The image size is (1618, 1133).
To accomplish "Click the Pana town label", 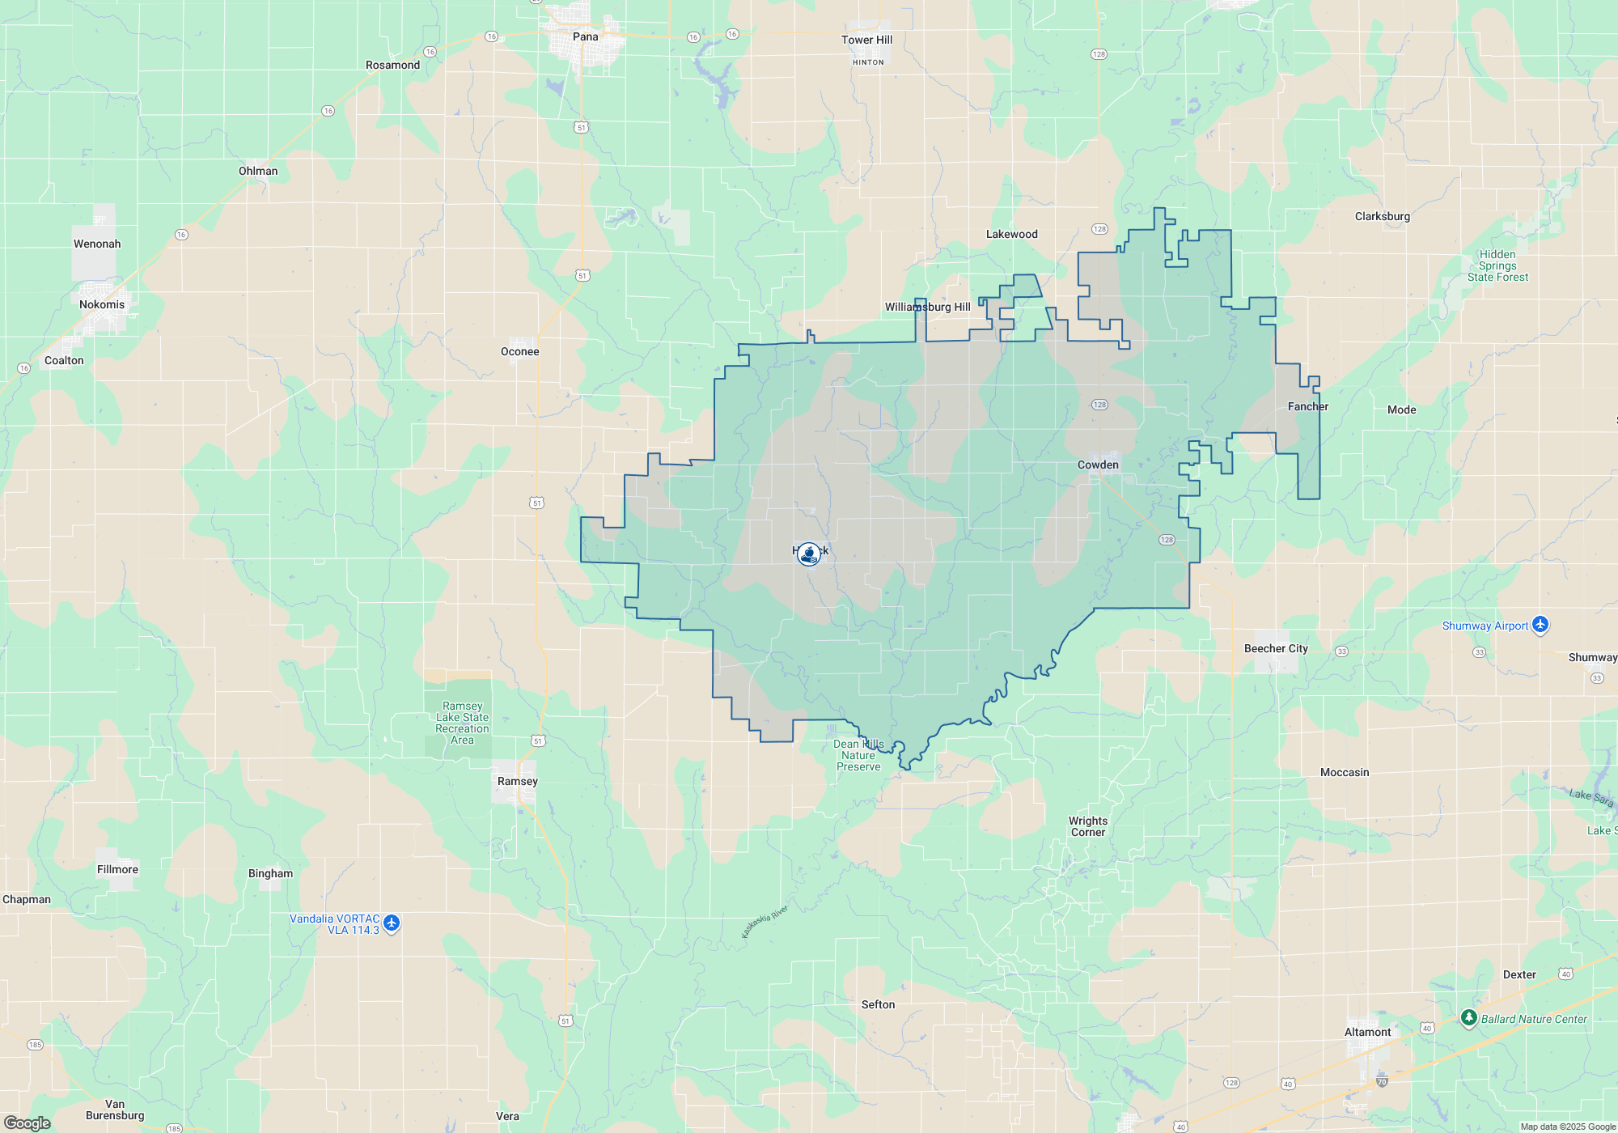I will (585, 36).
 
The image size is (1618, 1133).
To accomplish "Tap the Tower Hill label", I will (866, 40).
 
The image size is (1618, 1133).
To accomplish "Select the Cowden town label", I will (1098, 465).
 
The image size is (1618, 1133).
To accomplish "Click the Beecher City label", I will (1275, 648).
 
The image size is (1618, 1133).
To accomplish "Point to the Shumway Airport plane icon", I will (1540, 625).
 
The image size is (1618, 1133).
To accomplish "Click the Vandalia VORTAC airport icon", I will (392, 923).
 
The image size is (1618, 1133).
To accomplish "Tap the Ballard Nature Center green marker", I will (1469, 1018).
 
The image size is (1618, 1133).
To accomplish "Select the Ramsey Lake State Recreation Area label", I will (462, 723).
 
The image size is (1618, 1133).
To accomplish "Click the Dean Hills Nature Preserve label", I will (858, 755).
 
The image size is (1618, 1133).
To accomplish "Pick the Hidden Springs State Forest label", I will (1497, 265).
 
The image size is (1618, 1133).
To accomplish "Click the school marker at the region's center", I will (809, 554).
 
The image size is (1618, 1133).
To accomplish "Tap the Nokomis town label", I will (102, 304).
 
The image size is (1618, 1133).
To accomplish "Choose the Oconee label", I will (519, 351).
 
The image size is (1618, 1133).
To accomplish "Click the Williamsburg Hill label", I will (927, 307).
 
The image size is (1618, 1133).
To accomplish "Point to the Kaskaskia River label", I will (765, 923).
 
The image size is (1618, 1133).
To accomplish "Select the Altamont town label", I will (1367, 1032).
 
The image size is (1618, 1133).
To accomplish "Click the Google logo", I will (28, 1122).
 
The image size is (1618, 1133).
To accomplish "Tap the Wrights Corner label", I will (1088, 826).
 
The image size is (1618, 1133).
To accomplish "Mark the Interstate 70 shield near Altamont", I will (1382, 1081).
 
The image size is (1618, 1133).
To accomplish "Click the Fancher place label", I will (1307, 406).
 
